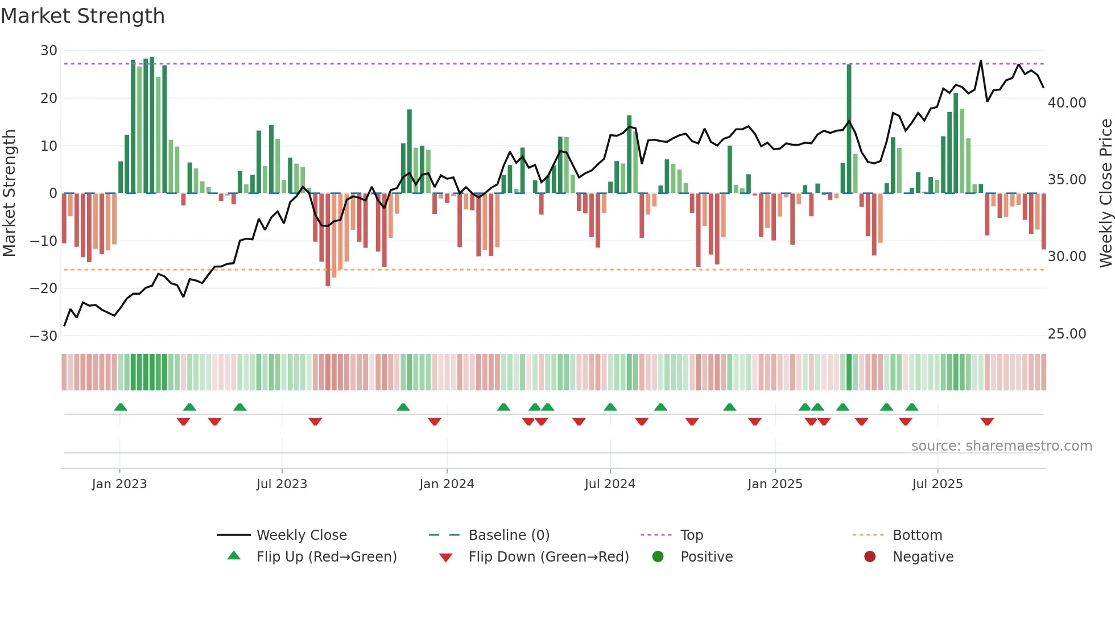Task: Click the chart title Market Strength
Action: (82, 16)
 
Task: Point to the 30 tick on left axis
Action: (48, 51)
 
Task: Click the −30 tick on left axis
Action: (44, 336)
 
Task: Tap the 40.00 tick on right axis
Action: (1067, 103)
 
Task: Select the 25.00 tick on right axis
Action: (1067, 334)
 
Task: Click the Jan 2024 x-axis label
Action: (447, 484)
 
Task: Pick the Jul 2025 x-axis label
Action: (937, 484)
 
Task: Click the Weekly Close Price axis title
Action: (1105, 193)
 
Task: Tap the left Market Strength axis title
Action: (9, 193)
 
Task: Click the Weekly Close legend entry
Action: (301, 535)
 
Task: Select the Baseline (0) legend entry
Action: (509, 535)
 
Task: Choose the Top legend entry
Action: (691, 535)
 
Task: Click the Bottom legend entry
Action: (917, 535)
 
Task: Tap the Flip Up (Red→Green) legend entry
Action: (326, 557)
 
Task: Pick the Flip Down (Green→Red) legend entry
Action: (548, 557)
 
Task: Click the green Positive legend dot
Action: (658, 556)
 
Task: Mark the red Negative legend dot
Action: (870, 556)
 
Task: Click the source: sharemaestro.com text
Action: (1001, 446)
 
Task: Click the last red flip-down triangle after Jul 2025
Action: (987, 422)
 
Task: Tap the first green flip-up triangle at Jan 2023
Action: (120, 407)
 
